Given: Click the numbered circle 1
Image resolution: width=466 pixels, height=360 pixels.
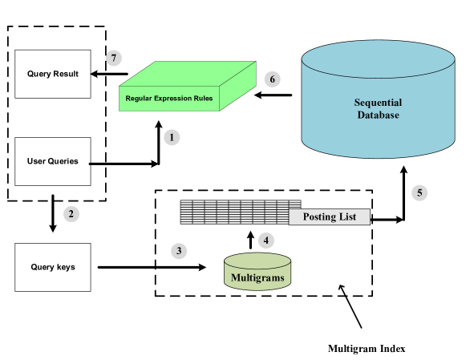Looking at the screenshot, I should (x=172, y=137).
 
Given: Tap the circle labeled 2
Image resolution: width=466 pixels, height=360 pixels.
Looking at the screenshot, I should (x=71, y=214).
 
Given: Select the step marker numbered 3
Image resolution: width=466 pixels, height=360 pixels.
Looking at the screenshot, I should (x=180, y=251).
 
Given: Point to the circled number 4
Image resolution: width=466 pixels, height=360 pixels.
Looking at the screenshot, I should (x=266, y=240).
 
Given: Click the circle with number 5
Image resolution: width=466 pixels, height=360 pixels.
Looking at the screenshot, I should (x=419, y=192).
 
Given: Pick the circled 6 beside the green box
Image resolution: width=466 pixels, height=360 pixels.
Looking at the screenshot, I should (x=273, y=79).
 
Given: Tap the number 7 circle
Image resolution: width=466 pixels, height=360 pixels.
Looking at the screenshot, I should (x=114, y=58).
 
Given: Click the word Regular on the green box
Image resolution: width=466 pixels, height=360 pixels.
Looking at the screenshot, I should (x=140, y=99).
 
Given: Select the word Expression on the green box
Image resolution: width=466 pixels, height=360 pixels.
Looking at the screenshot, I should (x=175, y=99).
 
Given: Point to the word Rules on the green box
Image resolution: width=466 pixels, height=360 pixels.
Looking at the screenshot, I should (x=204, y=99).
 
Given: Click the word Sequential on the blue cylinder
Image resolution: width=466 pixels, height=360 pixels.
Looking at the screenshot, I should (x=378, y=103).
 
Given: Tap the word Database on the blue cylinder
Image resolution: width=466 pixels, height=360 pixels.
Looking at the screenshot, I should (x=378, y=115).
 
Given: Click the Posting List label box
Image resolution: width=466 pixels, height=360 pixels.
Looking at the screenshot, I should (x=329, y=217).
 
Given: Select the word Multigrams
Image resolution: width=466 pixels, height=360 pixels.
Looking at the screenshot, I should (x=257, y=278).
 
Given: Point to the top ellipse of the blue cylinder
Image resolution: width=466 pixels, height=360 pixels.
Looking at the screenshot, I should (x=378, y=59).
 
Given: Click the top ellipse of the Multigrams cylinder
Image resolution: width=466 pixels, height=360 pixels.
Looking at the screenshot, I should (x=257, y=261).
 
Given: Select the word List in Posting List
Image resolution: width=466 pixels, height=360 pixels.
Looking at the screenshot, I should (x=346, y=217).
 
